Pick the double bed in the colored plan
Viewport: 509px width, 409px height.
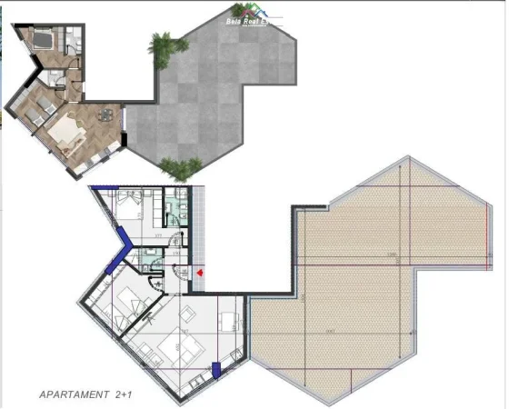40,38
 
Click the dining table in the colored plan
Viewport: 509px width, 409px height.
107,115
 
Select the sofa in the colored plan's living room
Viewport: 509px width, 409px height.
64,133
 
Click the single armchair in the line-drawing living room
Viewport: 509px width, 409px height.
190,313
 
